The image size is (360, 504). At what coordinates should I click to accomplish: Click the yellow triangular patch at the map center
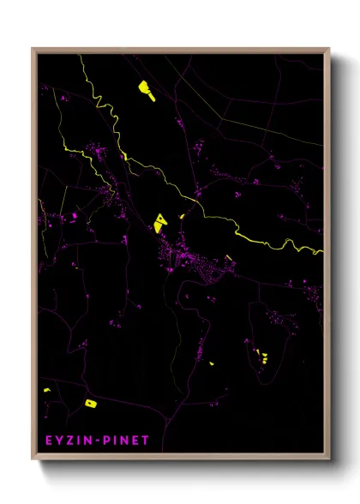coord(160,223)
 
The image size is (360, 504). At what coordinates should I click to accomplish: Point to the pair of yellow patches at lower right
coord(261,355)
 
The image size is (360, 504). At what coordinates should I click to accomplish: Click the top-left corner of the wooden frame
coord(33,49)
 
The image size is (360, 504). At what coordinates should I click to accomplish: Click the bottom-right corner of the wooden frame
coord(329,459)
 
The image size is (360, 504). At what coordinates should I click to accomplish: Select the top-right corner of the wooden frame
coord(329,49)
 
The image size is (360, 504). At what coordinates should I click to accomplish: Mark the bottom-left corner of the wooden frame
coord(33,459)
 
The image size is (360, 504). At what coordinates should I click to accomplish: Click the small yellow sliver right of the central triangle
coord(182,216)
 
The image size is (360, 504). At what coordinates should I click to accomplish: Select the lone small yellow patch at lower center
coord(211,363)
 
